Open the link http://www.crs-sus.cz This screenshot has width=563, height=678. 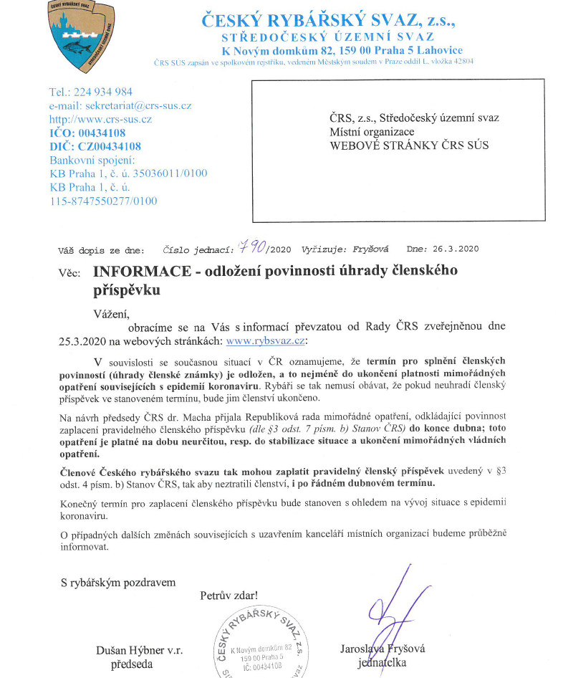[100, 119]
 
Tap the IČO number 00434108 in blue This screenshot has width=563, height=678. [100, 133]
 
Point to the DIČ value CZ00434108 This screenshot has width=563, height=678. [110, 146]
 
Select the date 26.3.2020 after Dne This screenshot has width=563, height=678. [456, 249]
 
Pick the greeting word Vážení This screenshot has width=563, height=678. [112, 312]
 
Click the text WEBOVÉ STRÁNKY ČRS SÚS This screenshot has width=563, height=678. [409, 145]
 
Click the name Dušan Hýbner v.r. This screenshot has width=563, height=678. [139, 650]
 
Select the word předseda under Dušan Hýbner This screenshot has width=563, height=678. [132, 664]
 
